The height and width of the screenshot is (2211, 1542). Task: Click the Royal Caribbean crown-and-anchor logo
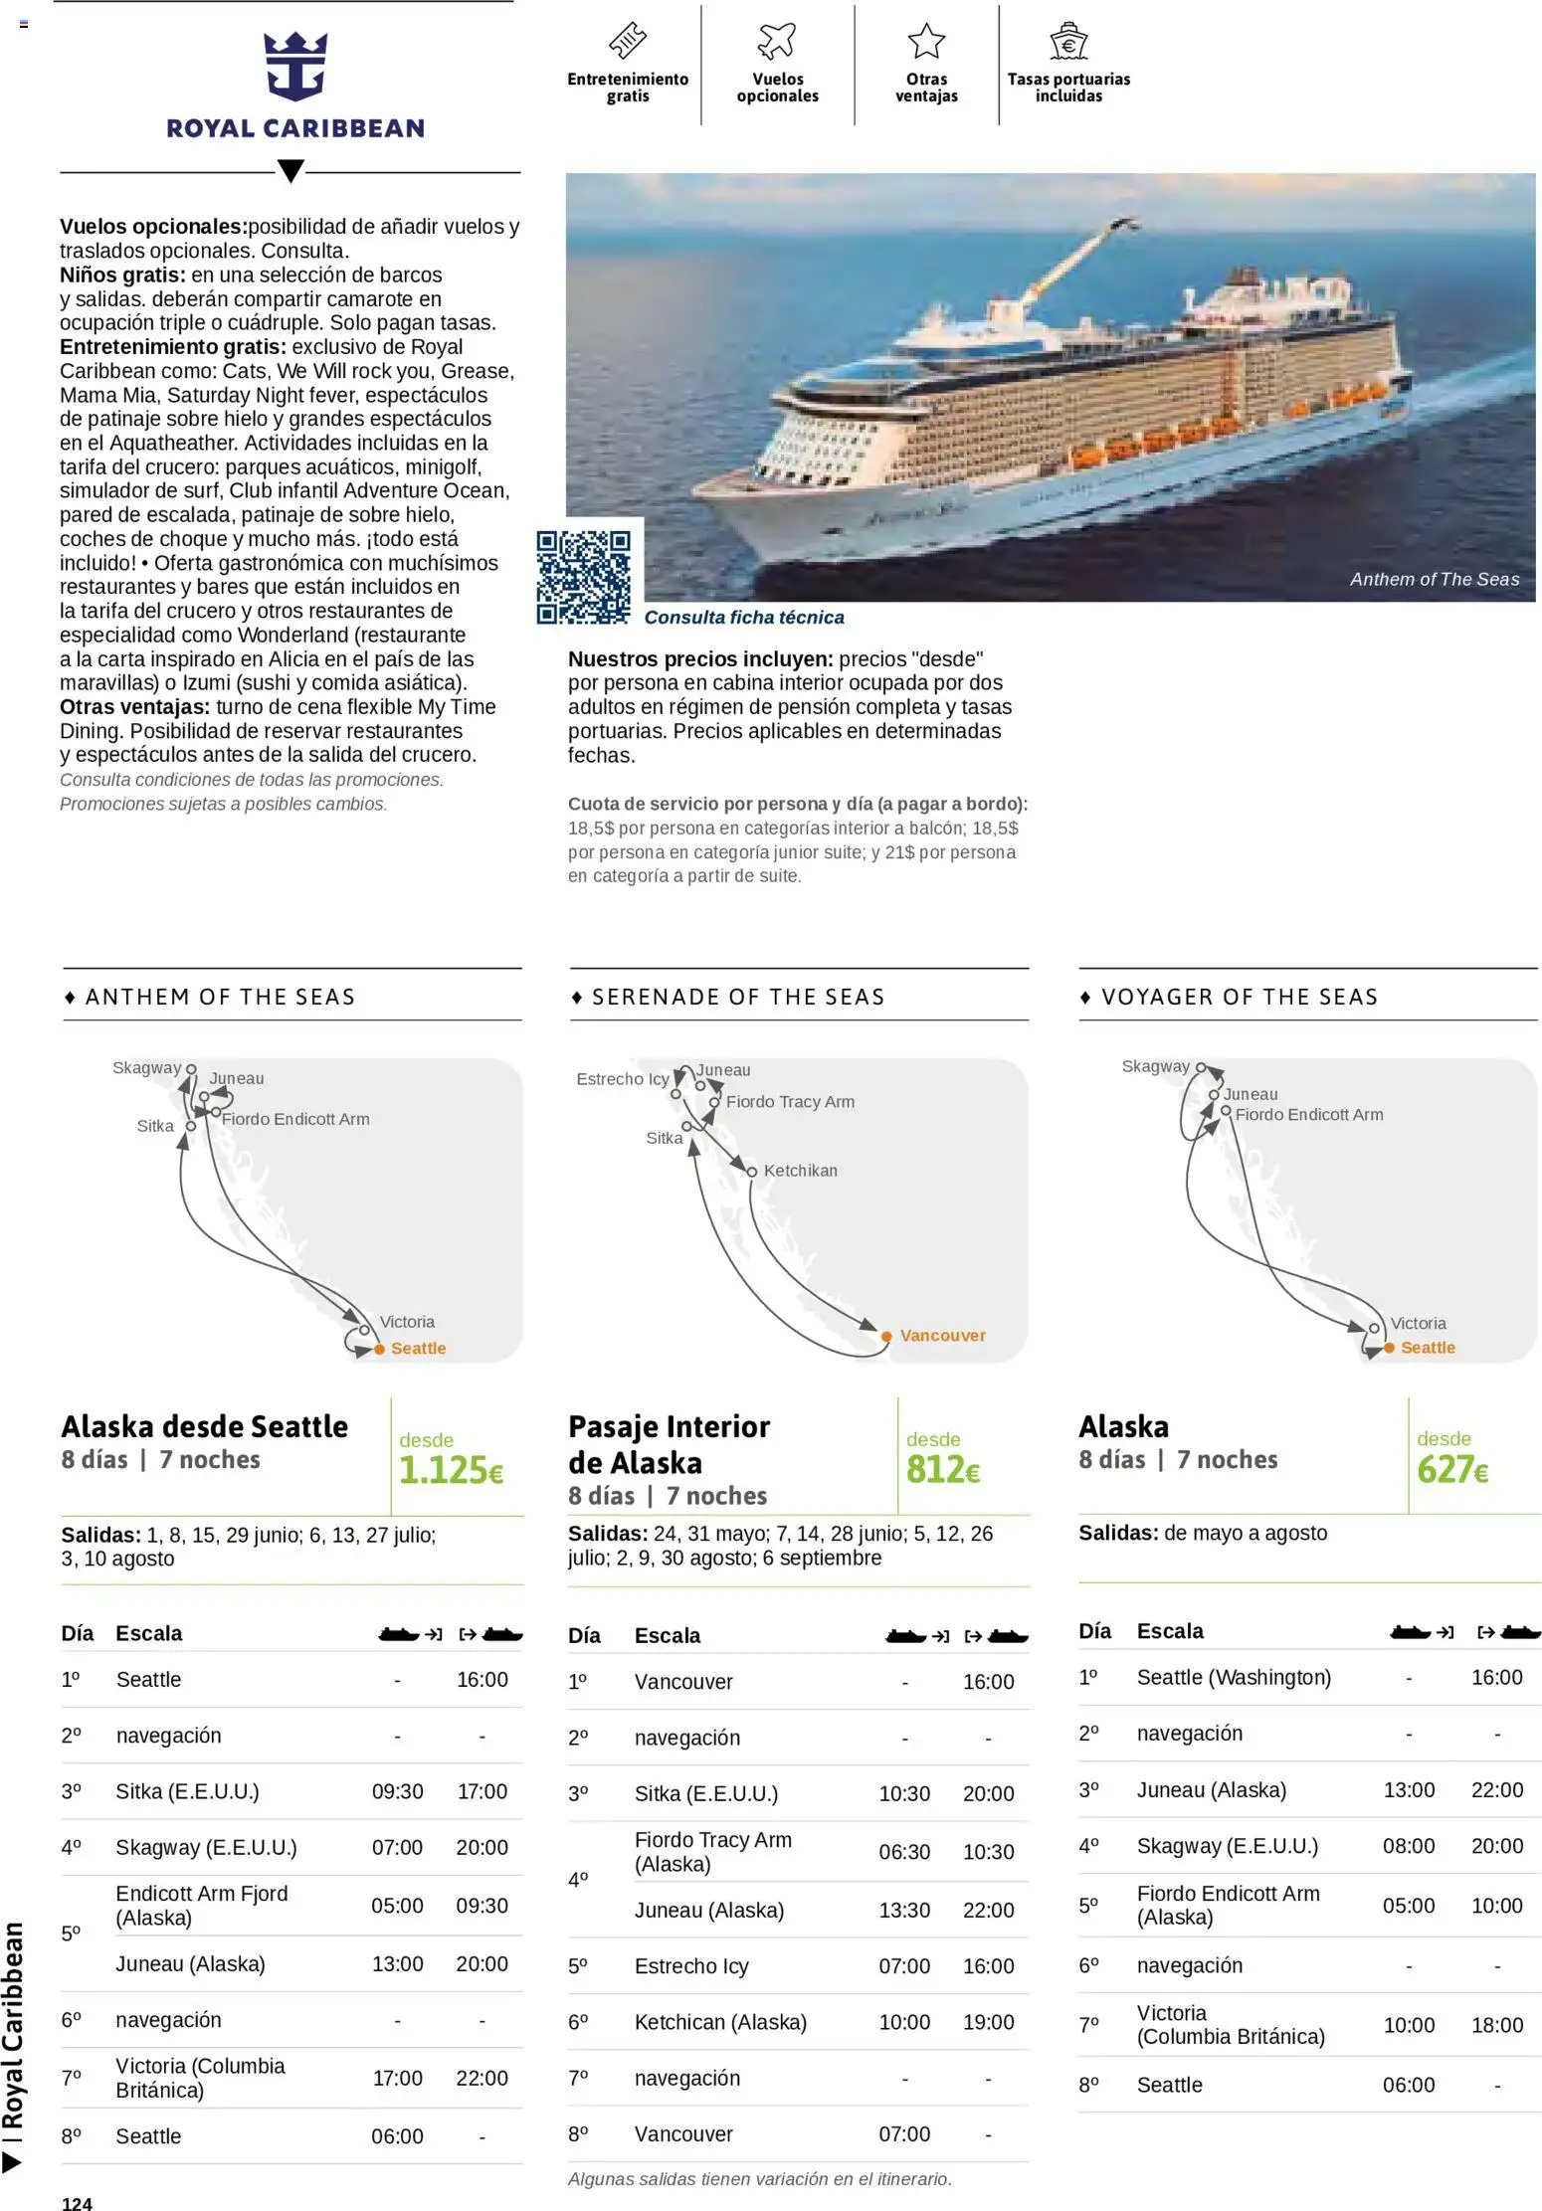[x=294, y=67]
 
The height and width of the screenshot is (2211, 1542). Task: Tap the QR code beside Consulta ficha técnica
[x=583, y=577]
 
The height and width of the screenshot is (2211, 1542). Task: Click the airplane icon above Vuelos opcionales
[x=777, y=41]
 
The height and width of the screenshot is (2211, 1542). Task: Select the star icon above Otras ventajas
[x=925, y=41]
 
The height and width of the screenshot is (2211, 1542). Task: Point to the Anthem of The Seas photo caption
[x=1434, y=580]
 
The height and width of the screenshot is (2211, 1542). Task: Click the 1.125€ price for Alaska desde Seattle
[x=451, y=1470]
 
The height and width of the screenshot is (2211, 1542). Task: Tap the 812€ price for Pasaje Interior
[x=942, y=1469]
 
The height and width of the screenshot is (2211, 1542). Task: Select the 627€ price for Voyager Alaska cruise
[x=1451, y=1469]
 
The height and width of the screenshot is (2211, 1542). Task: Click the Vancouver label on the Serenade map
[x=942, y=1336]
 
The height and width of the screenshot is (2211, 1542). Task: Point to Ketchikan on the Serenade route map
[x=800, y=1171]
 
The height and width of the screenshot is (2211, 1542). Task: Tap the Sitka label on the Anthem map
[x=155, y=1126]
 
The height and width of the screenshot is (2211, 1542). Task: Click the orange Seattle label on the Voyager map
[x=1427, y=1348]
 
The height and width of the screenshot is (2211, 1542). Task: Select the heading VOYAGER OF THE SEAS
[x=1239, y=997]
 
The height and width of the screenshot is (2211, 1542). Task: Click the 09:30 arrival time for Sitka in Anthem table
[x=397, y=1791]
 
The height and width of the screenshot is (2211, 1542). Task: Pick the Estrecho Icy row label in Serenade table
[x=691, y=1966]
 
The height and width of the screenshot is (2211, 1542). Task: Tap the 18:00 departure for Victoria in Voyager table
[x=1496, y=2025]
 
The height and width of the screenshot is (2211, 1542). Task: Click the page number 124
[x=77, y=2203]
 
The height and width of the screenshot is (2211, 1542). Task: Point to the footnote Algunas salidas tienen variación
[x=759, y=2178]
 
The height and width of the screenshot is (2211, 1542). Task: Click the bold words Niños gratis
[x=122, y=275]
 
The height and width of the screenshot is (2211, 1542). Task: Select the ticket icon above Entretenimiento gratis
[x=628, y=41]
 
